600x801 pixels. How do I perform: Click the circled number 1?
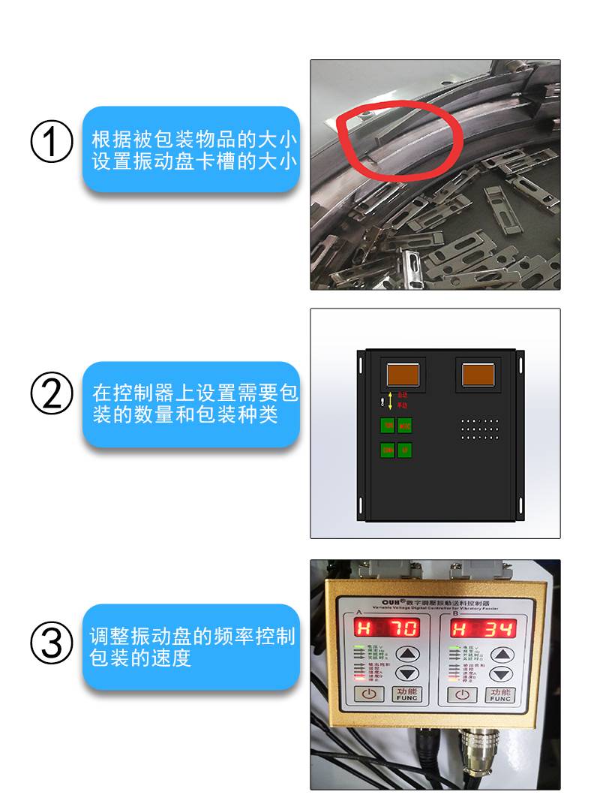[x=52, y=143]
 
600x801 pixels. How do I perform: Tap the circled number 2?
[x=52, y=394]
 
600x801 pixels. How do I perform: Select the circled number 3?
[x=52, y=643]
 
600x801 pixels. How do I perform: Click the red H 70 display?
[x=386, y=627]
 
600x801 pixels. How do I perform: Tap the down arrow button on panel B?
[x=499, y=673]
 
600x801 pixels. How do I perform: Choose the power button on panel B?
[x=462, y=694]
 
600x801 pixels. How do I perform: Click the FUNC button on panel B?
[x=499, y=694]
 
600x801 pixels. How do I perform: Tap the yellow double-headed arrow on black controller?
[x=390, y=400]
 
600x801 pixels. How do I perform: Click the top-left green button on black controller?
[x=387, y=426]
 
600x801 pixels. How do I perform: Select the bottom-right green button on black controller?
[x=405, y=450]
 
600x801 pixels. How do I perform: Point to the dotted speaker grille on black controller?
[x=480, y=429]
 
